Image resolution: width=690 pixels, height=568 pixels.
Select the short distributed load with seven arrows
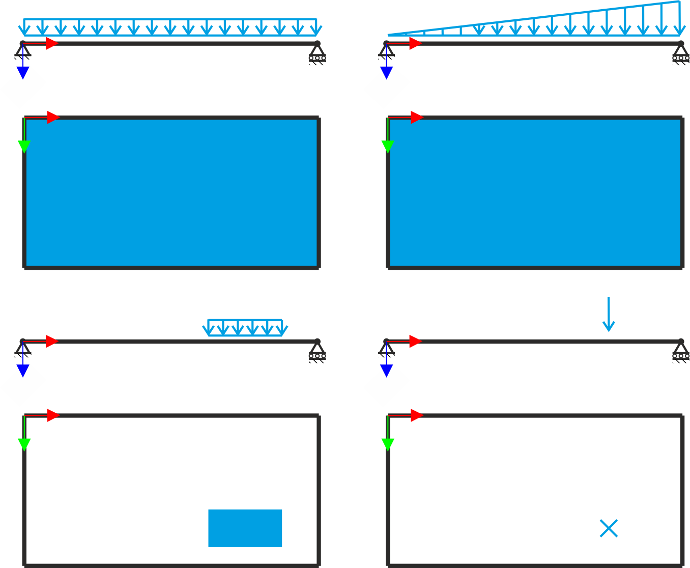pyautogui.click(x=245, y=328)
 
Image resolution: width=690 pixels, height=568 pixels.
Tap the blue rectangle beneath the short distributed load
pyautogui.click(x=245, y=536)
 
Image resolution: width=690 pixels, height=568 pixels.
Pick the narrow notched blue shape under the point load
pyautogui.click(x=609, y=542)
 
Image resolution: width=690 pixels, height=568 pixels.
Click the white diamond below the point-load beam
pyautogui.click(x=387, y=384)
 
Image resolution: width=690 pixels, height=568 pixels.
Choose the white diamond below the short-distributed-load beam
pyautogui.click(x=23, y=384)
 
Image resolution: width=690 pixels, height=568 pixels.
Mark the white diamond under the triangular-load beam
pyautogui.click(x=387, y=86)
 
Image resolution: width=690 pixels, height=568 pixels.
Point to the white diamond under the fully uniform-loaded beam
pyautogui.click(x=23, y=86)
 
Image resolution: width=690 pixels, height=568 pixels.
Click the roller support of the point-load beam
pyautogui.click(x=680, y=351)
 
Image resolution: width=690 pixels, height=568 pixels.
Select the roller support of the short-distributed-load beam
pyautogui.click(x=317, y=351)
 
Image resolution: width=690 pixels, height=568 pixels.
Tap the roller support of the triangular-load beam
pyautogui.click(x=680, y=53)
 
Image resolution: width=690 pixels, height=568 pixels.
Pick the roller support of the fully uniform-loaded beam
pyautogui.click(x=317, y=53)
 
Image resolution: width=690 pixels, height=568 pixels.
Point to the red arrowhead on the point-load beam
pyautogui.click(x=415, y=341)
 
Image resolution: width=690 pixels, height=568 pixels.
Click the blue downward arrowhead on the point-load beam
pyautogui.click(x=387, y=371)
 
